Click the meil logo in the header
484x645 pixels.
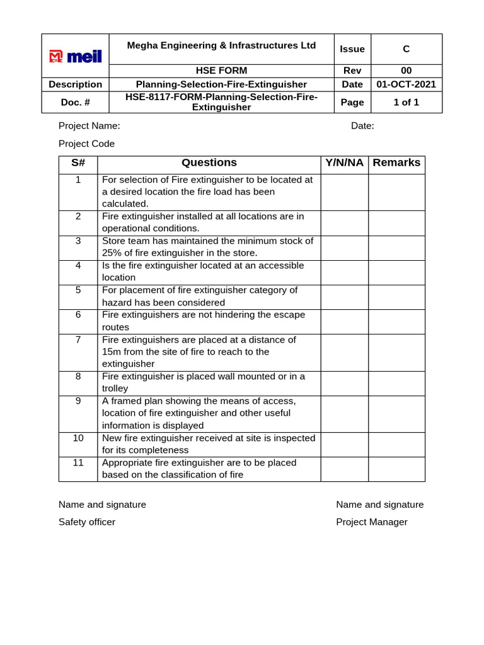point(76,57)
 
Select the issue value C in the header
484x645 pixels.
point(406,49)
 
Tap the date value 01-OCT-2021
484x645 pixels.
point(406,84)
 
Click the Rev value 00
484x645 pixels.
point(406,71)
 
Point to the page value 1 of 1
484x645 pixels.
point(406,102)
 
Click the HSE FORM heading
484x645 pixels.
point(222,71)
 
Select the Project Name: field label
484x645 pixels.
point(89,125)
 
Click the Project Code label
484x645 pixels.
point(86,144)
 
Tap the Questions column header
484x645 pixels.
point(209,163)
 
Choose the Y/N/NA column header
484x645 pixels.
point(344,163)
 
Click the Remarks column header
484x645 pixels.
point(396,163)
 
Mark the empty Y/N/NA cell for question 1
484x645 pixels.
point(344,192)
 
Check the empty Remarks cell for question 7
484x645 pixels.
point(396,352)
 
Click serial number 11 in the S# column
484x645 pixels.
point(78,462)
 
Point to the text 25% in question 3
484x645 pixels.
point(112,253)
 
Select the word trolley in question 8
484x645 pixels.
point(115,389)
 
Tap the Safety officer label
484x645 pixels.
point(87,522)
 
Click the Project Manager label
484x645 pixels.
point(372,522)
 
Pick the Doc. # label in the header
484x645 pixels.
point(76,102)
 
